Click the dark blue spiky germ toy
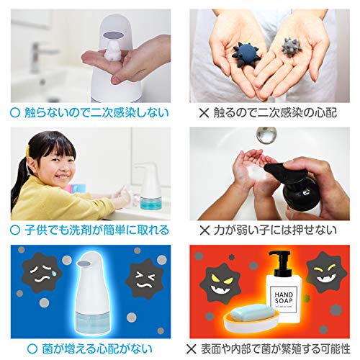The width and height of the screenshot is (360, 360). pos(246,55)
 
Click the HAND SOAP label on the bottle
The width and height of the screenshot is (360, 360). pos(284,298)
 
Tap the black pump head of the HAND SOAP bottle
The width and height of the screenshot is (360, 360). pos(280,263)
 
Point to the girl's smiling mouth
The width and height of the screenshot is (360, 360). pos(62,177)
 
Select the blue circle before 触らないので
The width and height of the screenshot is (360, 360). pos(15,113)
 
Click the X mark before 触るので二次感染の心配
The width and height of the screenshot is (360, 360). pos(204,113)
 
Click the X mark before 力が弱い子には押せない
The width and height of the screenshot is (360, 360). pos(204,230)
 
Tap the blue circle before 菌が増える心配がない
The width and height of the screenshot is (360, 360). pos(32,348)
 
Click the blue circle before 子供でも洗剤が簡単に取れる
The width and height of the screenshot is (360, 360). pos(15,230)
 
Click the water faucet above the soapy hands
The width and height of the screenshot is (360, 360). pos(266,135)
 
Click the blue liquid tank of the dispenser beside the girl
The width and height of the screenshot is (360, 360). pos(150,202)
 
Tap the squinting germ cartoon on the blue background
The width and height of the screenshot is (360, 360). pos(144,279)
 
